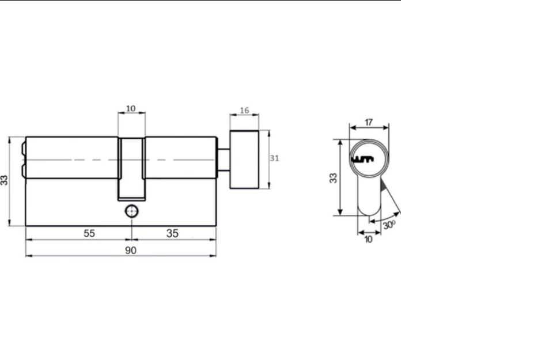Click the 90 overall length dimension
pyautogui.click(x=131, y=251)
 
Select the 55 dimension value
pyautogui.click(x=89, y=233)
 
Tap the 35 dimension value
pyautogui.click(x=172, y=233)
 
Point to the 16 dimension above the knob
pyautogui.click(x=244, y=111)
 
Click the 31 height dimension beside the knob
pyautogui.click(x=274, y=158)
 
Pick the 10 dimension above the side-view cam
pyautogui.click(x=131, y=108)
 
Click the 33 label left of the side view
pyautogui.click(x=4, y=180)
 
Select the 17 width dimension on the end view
pyautogui.click(x=369, y=122)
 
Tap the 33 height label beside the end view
pyautogui.click(x=334, y=178)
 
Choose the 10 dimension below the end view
pyautogui.click(x=368, y=240)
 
